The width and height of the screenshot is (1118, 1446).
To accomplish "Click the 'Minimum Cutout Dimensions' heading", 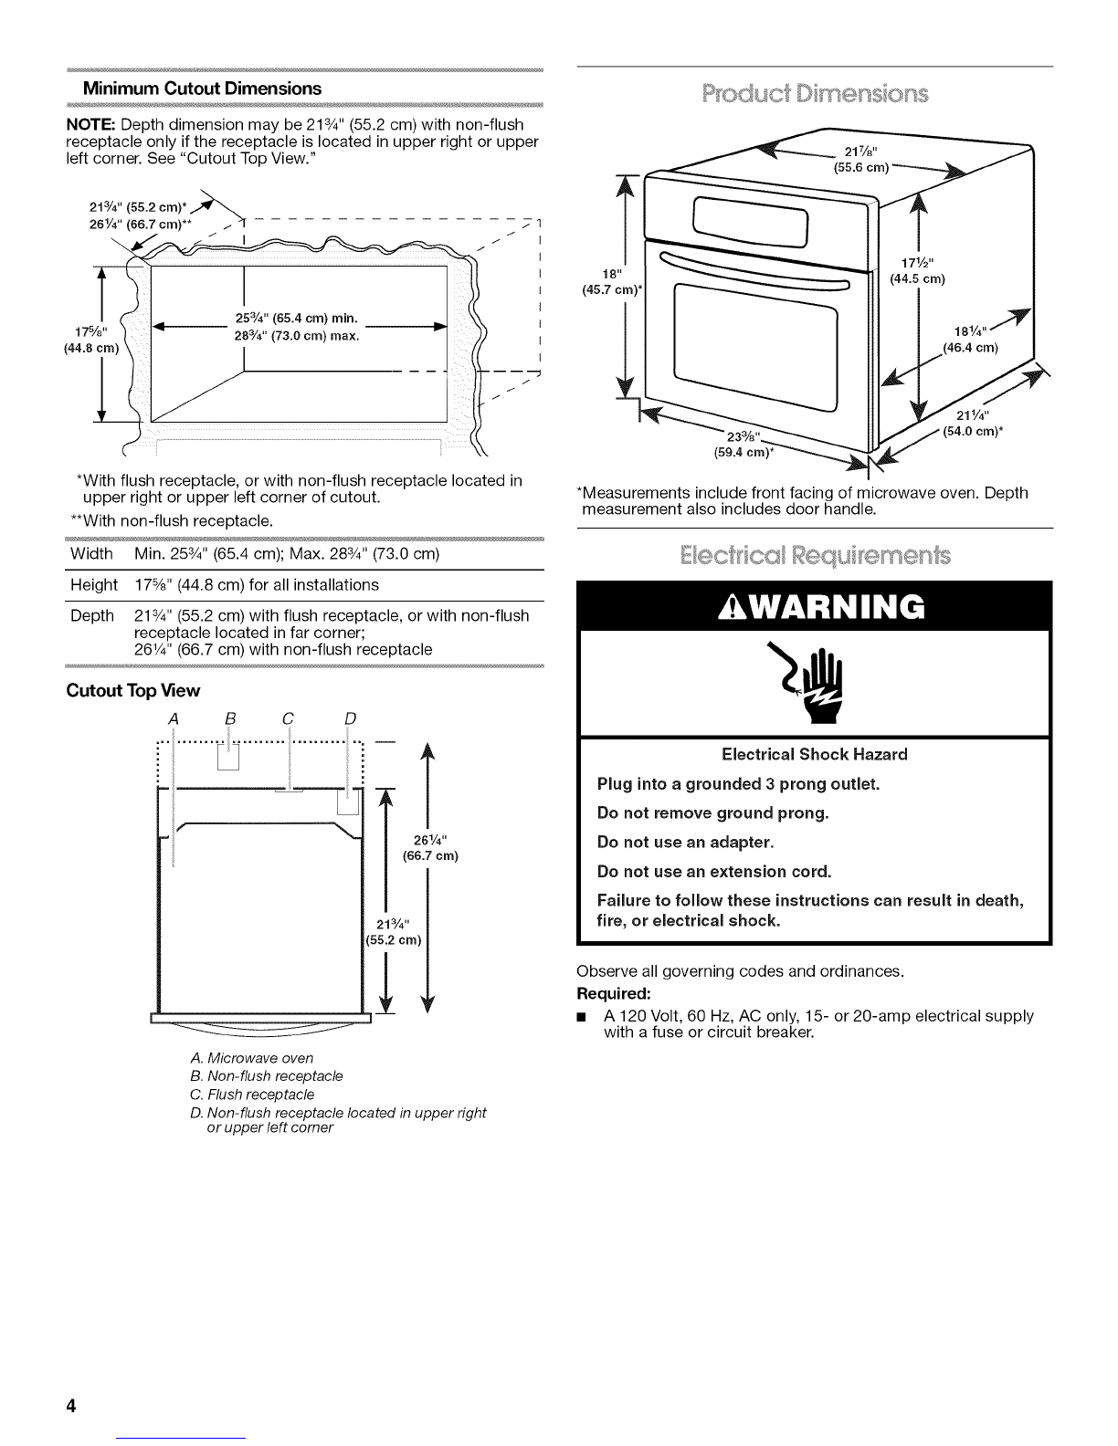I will tap(202, 89).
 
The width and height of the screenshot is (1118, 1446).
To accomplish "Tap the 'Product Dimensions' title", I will tap(814, 95).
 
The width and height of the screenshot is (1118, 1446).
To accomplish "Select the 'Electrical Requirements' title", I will tap(814, 556).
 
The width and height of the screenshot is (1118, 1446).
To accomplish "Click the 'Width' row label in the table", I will tap(91, 555).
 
